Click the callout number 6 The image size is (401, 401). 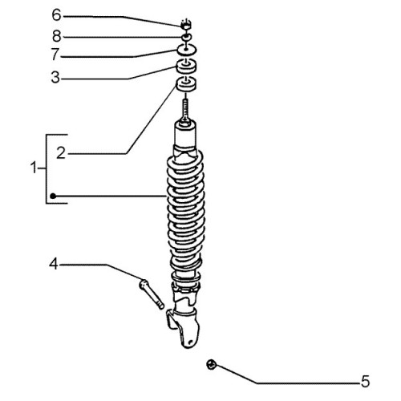pyautogui.click(x=56, y=15)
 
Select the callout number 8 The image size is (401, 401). pyautogui.click(x=57, y=36)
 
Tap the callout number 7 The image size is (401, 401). pyautogui.click(x=55, y=55)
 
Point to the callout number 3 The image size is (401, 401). pyautogui.click(x=55, y=78)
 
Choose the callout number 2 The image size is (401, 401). pyautogui.click(x=61, y=153)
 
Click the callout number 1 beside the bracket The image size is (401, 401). pyautogui.click(x=34, y=168)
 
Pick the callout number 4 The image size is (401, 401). pyautogui.click(x=54, y=264)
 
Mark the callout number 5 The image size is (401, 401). pyautogui.click(x=365, y=381)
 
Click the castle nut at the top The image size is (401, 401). pyautogui.click(x=186, y=25)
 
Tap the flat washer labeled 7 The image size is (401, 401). pyautogui.click(x=187, y=50)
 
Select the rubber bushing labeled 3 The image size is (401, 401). pyautogui.click(x=186, y=67)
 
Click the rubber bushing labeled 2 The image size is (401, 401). pyautogui.click(x=186, y=84)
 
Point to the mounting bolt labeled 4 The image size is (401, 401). pyautogui.click(x=152, y=294)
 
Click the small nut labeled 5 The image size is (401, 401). pyautogui.click(x=212, y=365)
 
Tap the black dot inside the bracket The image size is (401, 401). pyautogui.click(x=53, y=196)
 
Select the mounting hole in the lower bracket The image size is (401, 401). pyautogui.click(x=190, y=342)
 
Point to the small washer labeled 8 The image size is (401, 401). pyautogui.click(x=186, y=37)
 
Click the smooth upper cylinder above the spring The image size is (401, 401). pyautogui.click(x=186, y=134)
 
